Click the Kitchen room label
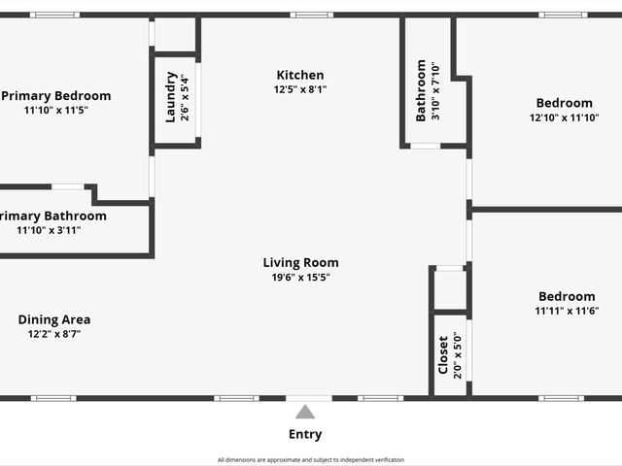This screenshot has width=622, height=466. tap(300, 75)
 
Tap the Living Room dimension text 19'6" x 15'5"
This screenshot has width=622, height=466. tap(300, 277)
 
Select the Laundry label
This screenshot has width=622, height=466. tap(171, 97)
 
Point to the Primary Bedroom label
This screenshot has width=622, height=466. tap(55, 95)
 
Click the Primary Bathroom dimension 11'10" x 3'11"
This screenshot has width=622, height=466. tap(49, 230)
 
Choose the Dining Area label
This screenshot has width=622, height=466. tap(54, 319)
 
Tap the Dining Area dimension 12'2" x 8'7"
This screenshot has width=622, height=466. tap(54, 334)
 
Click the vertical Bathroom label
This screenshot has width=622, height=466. tap(421, 91)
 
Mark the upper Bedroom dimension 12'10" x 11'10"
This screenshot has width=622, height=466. tap(564, 117)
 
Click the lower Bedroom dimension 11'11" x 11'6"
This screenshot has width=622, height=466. tap(566, 311)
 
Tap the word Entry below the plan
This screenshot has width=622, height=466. tap(305, 434)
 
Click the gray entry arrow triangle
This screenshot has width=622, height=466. tap(305, 412)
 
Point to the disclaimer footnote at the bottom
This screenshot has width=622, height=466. tap(311, 459)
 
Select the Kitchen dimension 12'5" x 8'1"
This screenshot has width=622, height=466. tap(300, 89)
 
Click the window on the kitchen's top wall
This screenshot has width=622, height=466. tap(311, 15)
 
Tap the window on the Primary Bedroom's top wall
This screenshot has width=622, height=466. tap(54, 15)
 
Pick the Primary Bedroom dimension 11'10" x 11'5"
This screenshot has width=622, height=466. tap(55, 110)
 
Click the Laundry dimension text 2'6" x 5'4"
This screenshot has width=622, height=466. tap(185, 97)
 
